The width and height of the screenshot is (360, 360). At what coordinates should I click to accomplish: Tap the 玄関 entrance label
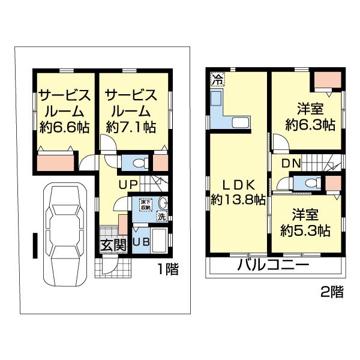pos(113,244)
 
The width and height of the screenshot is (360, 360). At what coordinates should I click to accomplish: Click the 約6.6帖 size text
pos(64,127)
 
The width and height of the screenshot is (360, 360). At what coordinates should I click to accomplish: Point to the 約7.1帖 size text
pos(131,127)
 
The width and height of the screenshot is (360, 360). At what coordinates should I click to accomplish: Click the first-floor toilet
pos(137,163)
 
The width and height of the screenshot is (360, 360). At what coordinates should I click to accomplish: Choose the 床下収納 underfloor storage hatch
pos(146,205)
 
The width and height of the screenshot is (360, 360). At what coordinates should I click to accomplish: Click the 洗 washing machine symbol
pos(162,217)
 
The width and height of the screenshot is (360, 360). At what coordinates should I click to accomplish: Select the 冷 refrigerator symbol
pos(217,78)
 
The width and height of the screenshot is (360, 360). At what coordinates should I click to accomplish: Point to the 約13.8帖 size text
pos(238,200)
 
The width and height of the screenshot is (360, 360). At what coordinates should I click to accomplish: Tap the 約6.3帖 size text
pos(310,125)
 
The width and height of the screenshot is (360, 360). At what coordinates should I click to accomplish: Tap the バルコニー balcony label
pos(272,265)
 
